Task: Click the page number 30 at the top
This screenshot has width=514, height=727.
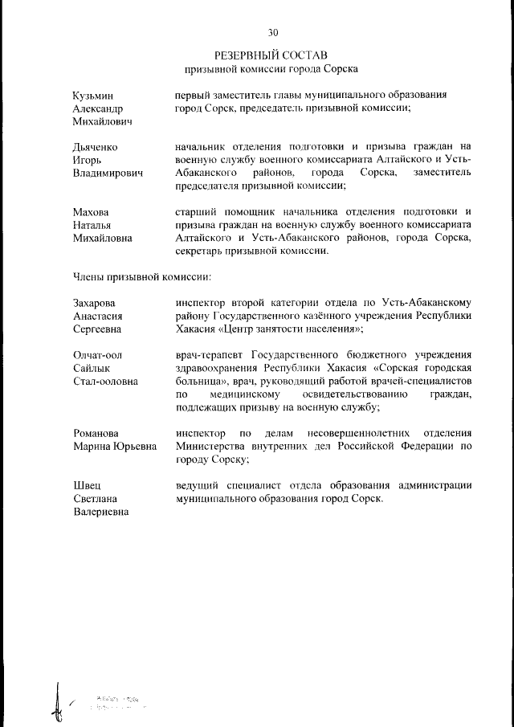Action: coord(273,33)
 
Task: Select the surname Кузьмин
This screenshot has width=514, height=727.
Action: coord(94,96)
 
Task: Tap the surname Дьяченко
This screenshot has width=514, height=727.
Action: coord(96,146)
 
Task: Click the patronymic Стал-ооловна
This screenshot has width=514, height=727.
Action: coord(105,381)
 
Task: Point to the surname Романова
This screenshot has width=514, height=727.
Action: coord(98,433)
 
